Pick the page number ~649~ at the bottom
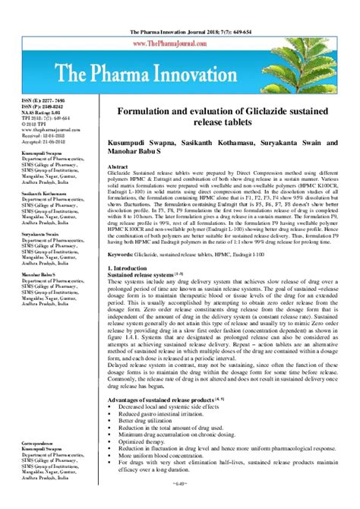[x=180, y=502]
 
